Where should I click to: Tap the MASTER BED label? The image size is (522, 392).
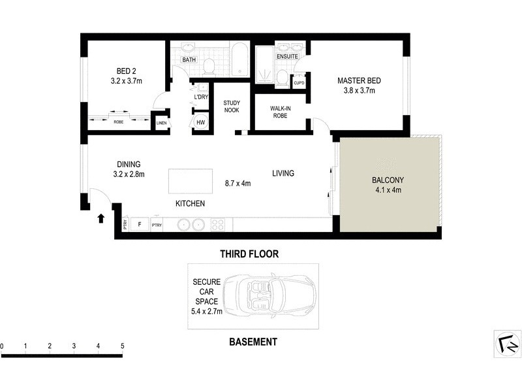[358, 81]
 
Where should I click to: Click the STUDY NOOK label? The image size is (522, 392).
[232, 107]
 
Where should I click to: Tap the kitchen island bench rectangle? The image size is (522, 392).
[191, 180]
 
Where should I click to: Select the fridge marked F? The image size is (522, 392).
[138, 225]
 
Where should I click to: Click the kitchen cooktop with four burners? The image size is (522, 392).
[217, 225]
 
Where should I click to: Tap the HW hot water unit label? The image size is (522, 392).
[200, 122]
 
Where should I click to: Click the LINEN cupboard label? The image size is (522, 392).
[161, 122]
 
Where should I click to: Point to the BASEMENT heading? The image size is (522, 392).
[254, 342]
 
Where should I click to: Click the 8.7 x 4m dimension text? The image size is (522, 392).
[238, 184]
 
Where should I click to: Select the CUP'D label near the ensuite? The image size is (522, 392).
[299, 83]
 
